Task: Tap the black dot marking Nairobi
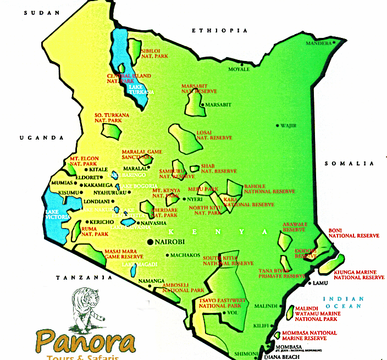click(150, 242)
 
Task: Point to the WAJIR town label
click(289, 125)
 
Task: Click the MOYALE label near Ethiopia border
click(239, 69)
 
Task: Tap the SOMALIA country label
click(349, 164)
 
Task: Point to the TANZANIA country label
click(81, 278)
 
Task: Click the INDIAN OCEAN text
click(344, 302)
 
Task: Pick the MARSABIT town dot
click(202, 104)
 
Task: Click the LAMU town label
click(319, 283)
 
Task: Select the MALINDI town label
click(267, 305)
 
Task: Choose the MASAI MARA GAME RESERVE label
click(124, 254)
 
